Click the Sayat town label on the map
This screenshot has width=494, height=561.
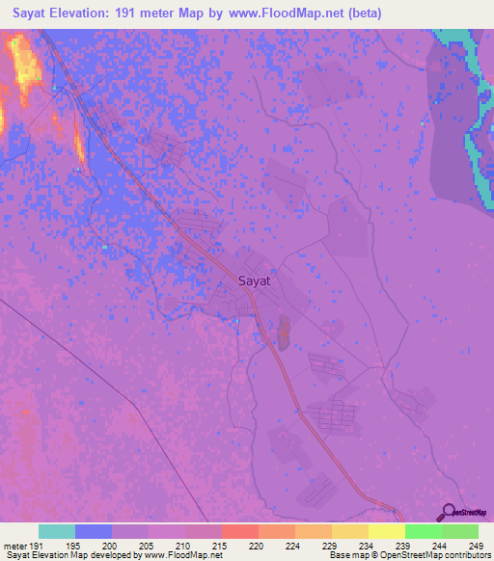tap(254, 282)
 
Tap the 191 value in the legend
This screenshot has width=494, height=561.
tap(37, 546)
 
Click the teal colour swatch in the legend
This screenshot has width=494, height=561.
tap(57, 531)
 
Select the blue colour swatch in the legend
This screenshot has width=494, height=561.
tap(94, 531)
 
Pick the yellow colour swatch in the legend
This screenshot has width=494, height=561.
tap(387, 531)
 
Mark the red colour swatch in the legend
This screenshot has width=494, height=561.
tap(240, 531)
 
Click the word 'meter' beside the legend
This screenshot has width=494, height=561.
tap(14, 546)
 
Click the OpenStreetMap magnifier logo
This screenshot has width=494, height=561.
tap(448, 512)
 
